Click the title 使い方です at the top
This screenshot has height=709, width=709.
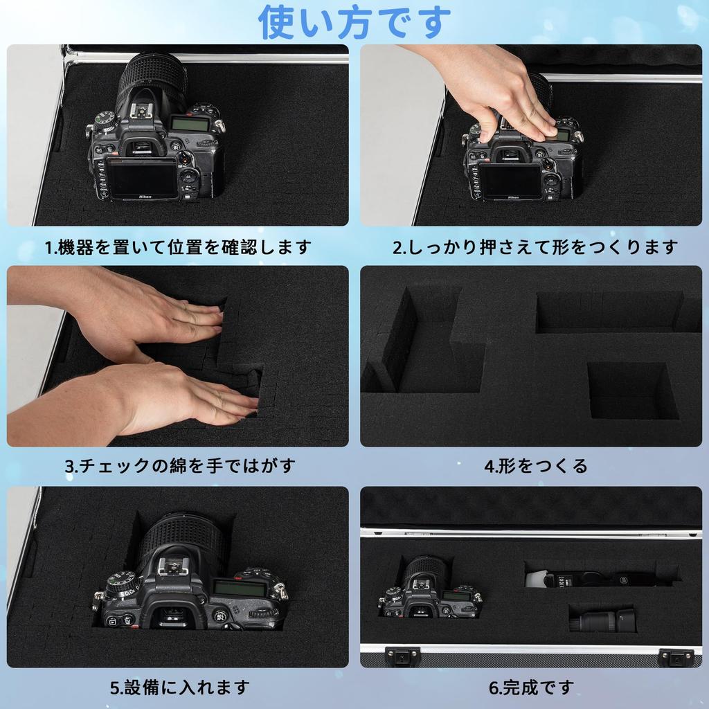pyautogui.click(x=354, y=22)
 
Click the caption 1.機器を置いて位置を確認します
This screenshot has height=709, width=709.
pyautogui.click(x=178, y=247)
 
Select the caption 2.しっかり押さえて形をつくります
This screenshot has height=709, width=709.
pyautogui.click(x=535, y=247)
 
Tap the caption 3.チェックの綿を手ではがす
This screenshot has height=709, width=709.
pyautogui.click(x=180, y=465)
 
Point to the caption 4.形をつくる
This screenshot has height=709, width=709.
pyautogui.click(x=535, y=465)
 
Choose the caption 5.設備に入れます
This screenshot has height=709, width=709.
pyautogui.click(x=179, y=688)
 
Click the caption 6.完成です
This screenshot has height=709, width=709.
pyautogui.click(x=532, y=688)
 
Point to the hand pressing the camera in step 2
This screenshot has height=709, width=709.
pyautogui.click(x=499, y=90)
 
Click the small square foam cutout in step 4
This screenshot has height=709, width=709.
pyautogui.click(x=631, y=391)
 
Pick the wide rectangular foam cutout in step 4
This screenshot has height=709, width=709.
pyautogui.click(x=609, y=312)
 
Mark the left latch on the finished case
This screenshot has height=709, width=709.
pyautogui.click(x=402, y=655)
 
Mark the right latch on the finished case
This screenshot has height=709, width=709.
pyautogui.click(x=675, y=656)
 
